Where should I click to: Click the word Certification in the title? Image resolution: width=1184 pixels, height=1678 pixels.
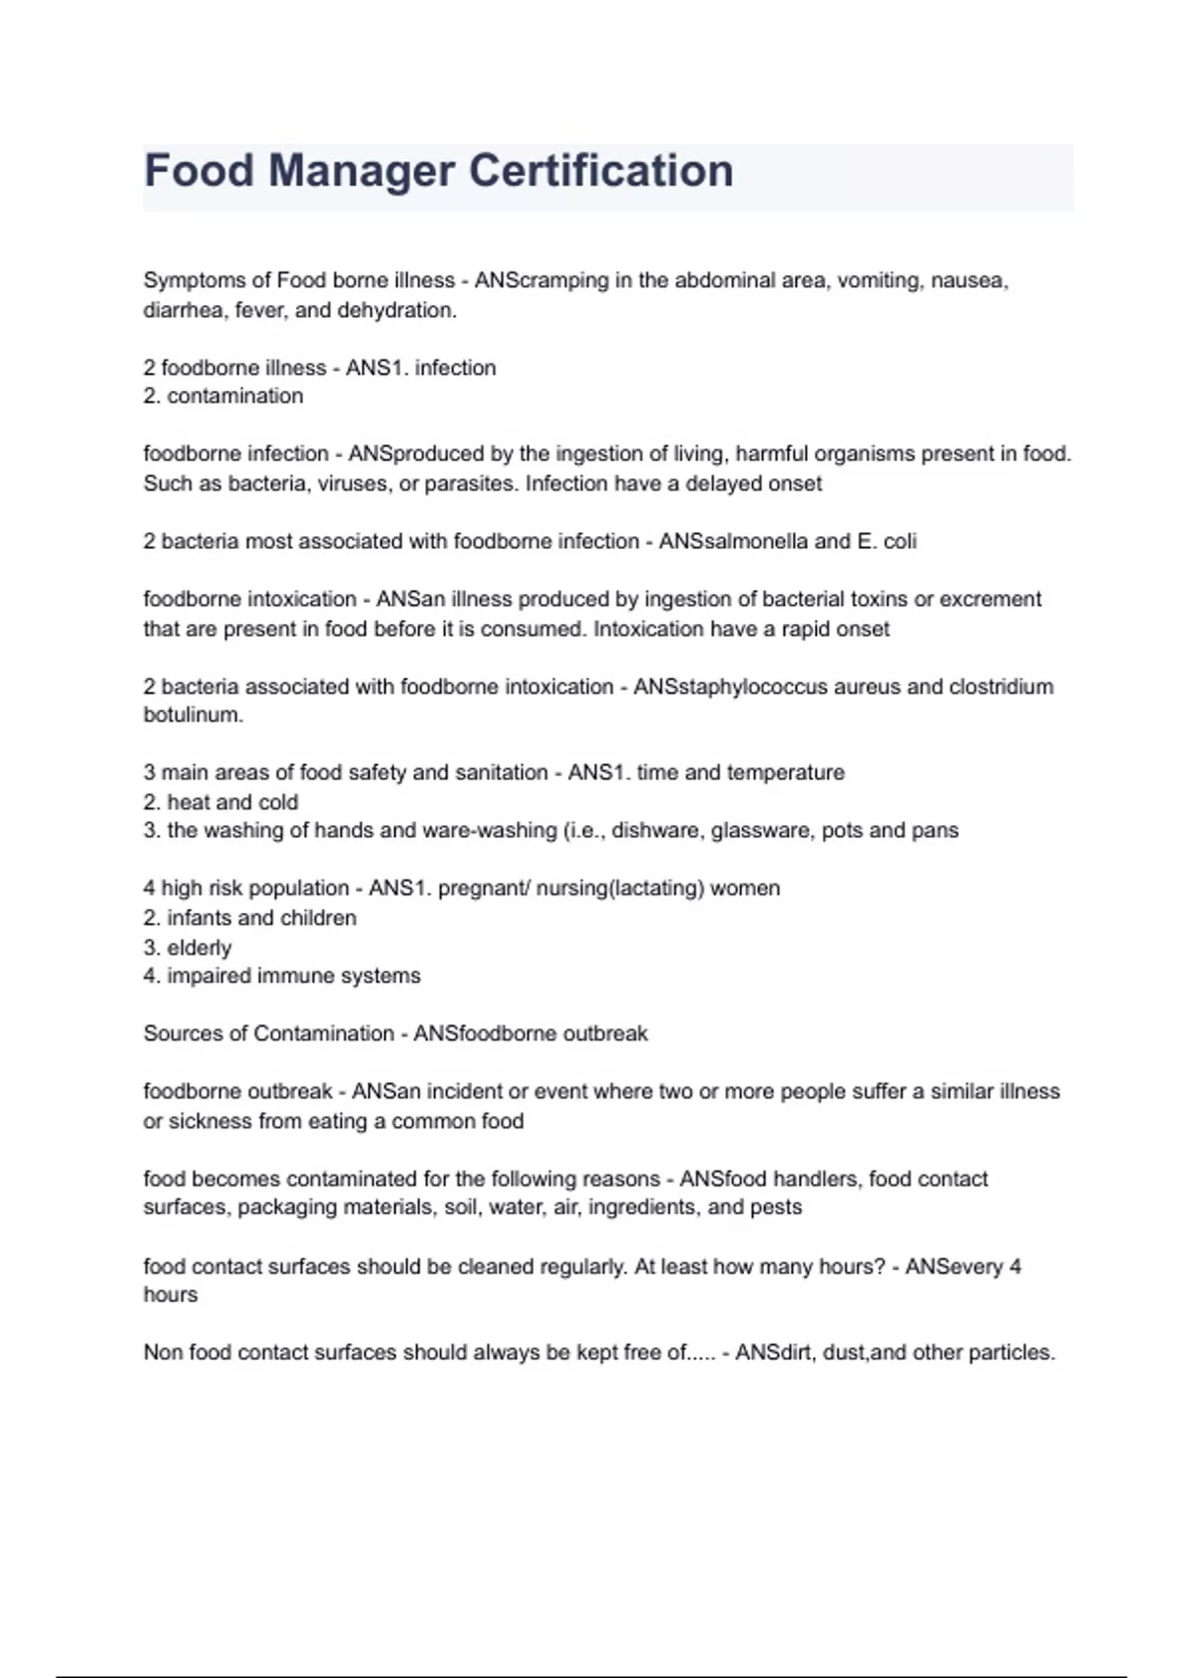pos(601,171)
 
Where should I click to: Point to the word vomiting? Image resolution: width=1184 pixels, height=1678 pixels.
pos(878,280)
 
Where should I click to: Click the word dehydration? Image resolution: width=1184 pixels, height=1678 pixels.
pos(397,310)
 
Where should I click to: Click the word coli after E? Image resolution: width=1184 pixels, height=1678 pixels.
pos(900,541)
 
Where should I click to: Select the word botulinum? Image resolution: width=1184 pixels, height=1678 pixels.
pos(192,715)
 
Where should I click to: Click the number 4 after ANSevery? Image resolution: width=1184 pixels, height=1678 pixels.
pos(1015,1266)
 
